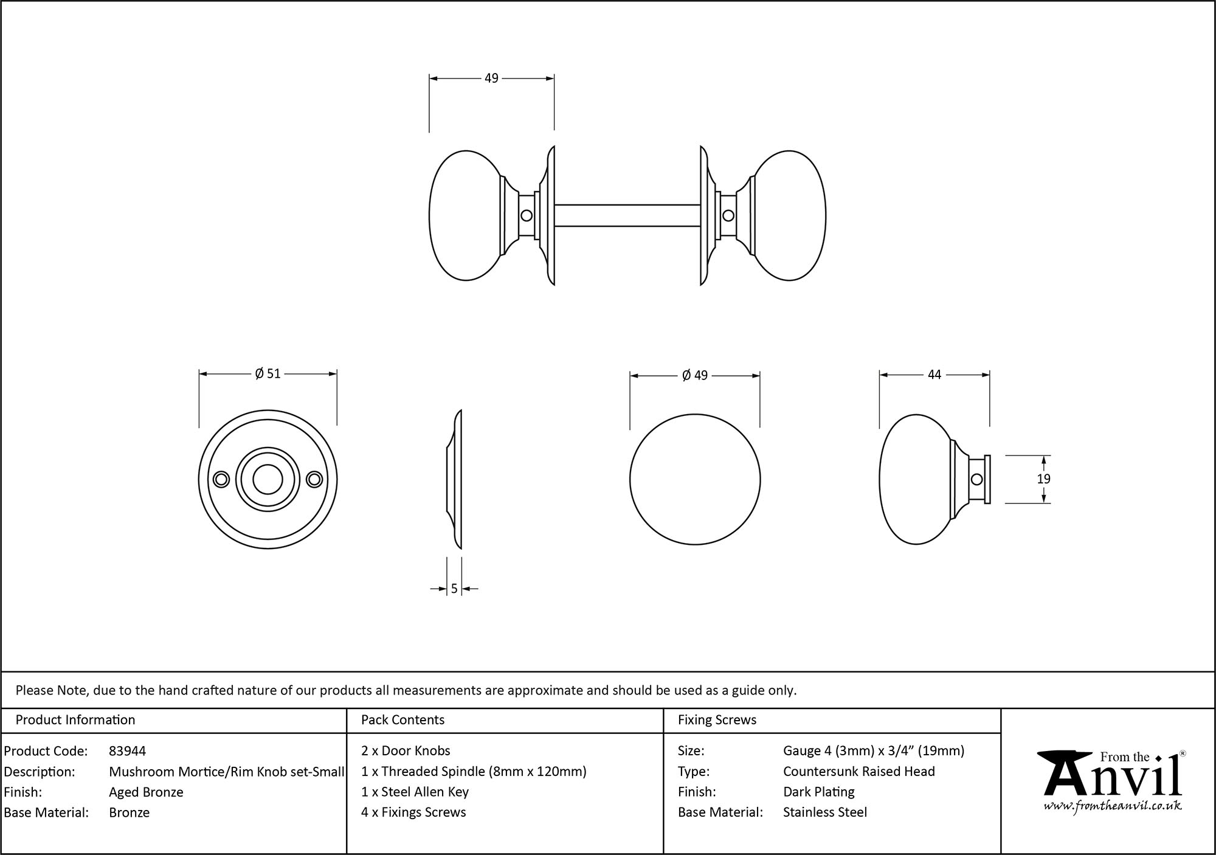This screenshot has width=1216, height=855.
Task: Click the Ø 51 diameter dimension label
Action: (268, 373)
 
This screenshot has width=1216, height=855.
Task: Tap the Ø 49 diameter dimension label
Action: (695, 375)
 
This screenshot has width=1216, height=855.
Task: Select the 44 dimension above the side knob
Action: (934, 375)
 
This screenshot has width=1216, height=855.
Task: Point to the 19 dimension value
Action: (1043, 479)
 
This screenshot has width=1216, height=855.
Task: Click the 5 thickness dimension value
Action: (454, 589)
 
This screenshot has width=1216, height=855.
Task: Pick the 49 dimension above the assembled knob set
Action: (491, 78)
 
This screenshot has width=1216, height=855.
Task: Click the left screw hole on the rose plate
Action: (221, 480)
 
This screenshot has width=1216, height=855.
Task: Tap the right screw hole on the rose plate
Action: (314, 480)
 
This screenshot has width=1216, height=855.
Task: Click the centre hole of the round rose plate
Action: (268, 480)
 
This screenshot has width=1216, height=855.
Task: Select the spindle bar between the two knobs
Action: (627, 215)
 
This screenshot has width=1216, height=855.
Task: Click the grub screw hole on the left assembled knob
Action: (527, 215)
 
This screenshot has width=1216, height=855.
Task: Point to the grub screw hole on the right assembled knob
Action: (728, 215)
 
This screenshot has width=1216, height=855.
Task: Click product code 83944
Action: (127, 751)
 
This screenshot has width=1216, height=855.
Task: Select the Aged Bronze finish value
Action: (146, 792)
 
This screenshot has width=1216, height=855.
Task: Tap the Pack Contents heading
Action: (402, 720)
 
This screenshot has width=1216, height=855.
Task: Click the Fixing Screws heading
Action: (717, 720)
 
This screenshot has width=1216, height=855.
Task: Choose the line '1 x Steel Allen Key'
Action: (415, 792)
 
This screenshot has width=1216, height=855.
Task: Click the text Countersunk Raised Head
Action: (858, 772)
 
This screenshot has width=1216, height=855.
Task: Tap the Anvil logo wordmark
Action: (1112, 776)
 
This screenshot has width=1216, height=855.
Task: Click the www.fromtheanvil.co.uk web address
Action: (1112, 807)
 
